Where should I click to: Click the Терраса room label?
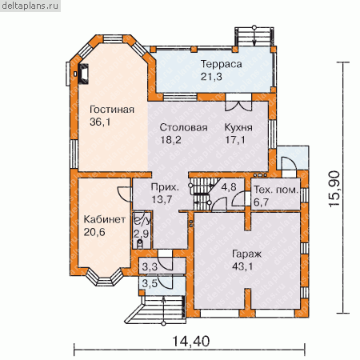pyautogui.click(x=221, y=64)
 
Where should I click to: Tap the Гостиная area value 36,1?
pyautogui.click(x=100, y=122)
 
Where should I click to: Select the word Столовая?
pyautogui.click(x=183, y=127)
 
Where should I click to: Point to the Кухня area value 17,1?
pyautogui.click(x=235, y=139)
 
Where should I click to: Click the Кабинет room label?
pyautogui.click(x=105, y=219)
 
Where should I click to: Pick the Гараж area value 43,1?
pyautogui.click(x=242, y=266)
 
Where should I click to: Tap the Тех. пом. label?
pyautogui.click(x=276, y=190)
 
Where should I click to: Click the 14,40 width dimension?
pyautogui.click(x=191, y=341)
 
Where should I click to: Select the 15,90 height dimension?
pyautogui.click(x=334, y=189)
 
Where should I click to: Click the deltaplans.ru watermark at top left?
pyautogui.click(x=30, y=6)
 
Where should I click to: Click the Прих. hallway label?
pyautogui.click(x=165, y=187)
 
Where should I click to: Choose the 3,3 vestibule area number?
pyautogui.click(x=150, y=266)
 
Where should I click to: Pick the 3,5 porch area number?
pyautogui.click(x=150, y=283)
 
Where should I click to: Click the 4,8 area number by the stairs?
pyautogui.click(x=229, y=187)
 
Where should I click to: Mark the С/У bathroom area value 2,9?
pyautogui.click(x=141, y=234)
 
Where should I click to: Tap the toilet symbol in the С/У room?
pyautogui.click(x=140, y=243)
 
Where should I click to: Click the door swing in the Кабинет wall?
pyautogui.click(x=124, y=194)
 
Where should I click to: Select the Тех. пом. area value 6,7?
pyautogui.click(x=261, y=202)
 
